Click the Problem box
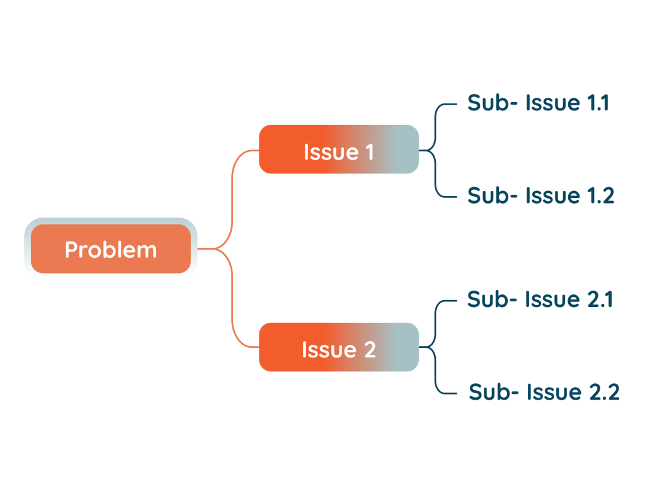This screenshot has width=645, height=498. click(111, 250)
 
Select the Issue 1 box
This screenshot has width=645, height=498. click(339, 149)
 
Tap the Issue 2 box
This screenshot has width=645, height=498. click(339, 347)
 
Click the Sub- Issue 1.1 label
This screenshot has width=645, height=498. click(538, 103)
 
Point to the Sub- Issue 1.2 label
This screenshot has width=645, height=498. click(540, 195)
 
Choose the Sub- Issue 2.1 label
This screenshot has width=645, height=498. click(540, 299)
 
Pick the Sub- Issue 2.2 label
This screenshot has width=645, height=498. click(544, 392)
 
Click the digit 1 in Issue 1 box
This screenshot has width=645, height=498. click(368, 152)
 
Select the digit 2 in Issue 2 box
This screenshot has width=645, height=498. click(370, 349)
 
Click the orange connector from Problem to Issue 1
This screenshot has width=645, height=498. click(233, 189)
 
